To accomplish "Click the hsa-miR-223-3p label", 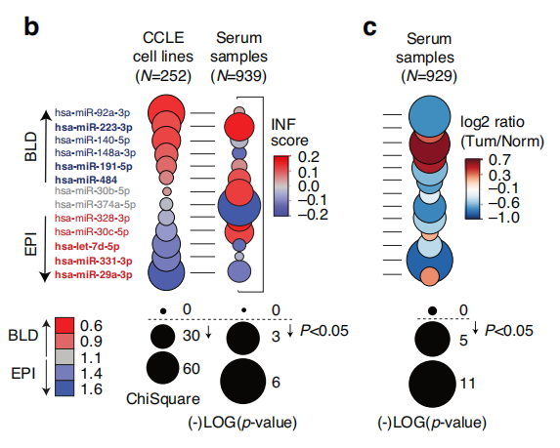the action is pyautogui.click(x=94, y=127).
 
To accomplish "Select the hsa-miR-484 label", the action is pyautogui.click(x=86, y=180).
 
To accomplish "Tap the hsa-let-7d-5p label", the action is pyautogui.click(x=87, y=247).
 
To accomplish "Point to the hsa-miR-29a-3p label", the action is pyautogui.click(x=94, y=274).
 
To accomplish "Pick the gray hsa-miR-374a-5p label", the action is pyautogui.click(x=96, y=204).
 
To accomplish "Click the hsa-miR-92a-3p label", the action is pyautogui.click(x=92, y=112).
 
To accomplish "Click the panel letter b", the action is pyautogui.click(x=31, y=26).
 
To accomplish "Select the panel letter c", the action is pyautogui.click(x=369, y=28).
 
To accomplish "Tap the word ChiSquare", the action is pyautogui.click(x=163, y=399).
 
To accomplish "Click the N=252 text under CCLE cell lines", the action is pyautogui.click(x=163, y=75).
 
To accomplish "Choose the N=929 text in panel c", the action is pyautogui.click(x=429, y=76).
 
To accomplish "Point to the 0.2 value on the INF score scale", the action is pyautogui.click(x=309, y=157).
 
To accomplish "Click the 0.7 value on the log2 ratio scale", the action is pyautogui.click(x=499, y=160).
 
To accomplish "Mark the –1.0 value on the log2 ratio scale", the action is pyautogui.click(x=503, y=218).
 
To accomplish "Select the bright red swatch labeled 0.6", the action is pyautogui.click(x=65, y=325).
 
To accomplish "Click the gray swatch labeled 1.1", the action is pyautogui.click(x=65, y=356).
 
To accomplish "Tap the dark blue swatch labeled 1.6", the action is pyautogui.click(x=65, y=388).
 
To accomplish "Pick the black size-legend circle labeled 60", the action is pyautogui.click(x=162, y=368).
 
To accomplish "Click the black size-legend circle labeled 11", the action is pyautogui.click(x=432, y=384).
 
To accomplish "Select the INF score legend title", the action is pyautogui.click(x=289, y=133).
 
